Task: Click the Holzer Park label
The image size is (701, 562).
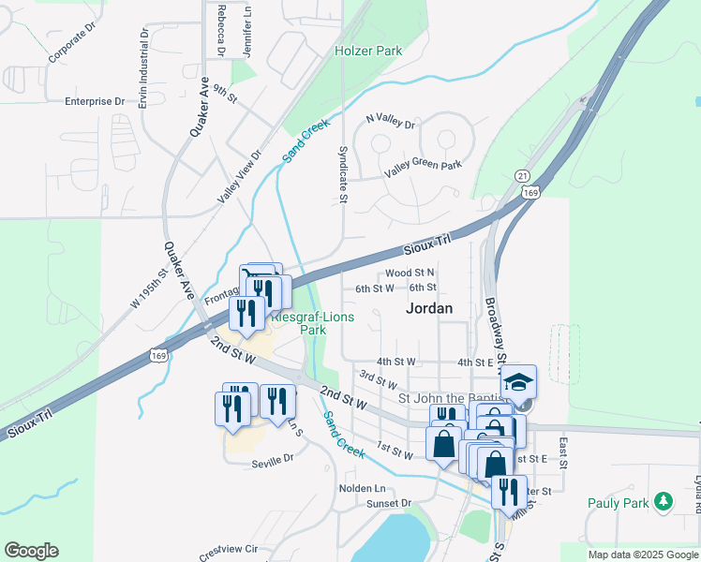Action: [x=369, y=52]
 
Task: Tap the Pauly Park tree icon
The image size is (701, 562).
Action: [x=664, y=502]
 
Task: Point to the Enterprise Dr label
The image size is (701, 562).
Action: [x=95, y=101]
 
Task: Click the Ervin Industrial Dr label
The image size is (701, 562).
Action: [x=144, y=67]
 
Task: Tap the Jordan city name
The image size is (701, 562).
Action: [x=429, y=307]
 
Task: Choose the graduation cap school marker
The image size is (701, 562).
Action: [x=518, y=383]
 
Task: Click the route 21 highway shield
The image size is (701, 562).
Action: [x=522, y=176]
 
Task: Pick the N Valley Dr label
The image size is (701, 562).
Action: [x=390, y=120]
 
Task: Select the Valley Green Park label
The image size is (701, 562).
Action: [x=424, y=168]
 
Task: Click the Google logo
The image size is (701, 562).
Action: [x=31, y=551]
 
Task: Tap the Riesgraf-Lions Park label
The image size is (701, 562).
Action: [x=311, y=323]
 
